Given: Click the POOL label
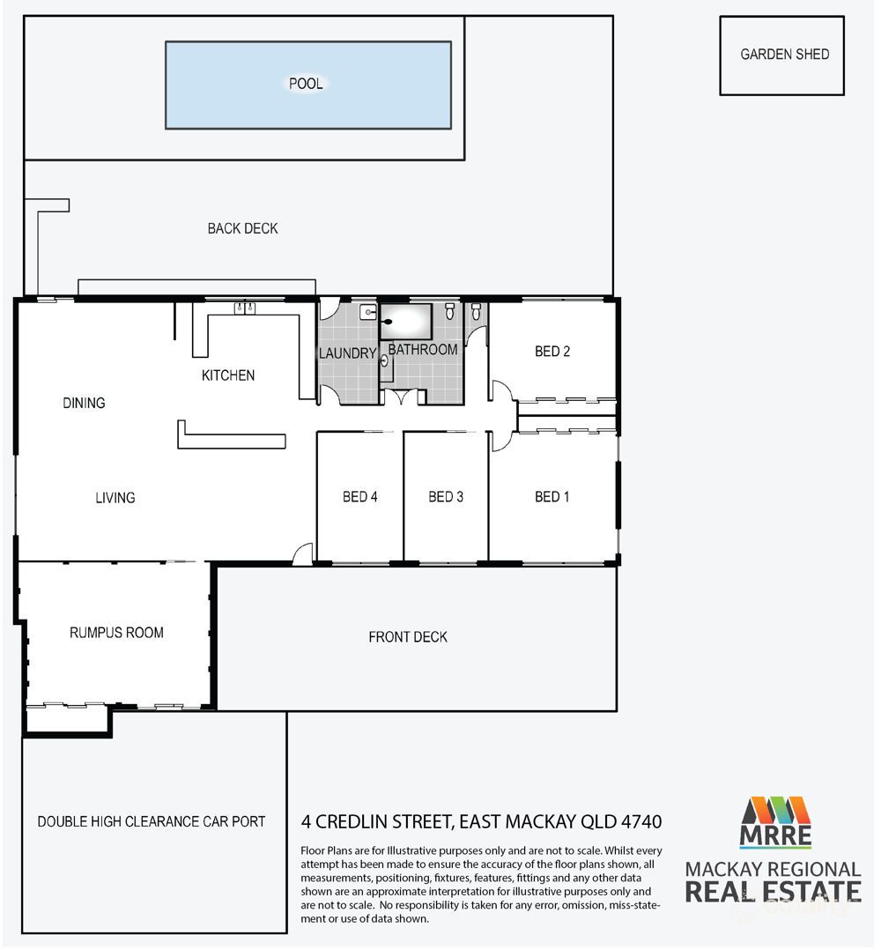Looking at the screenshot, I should (x=306, y=85).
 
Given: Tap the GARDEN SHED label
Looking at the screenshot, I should (x=784, y=55).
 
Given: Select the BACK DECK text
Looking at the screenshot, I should (x=242, y=228).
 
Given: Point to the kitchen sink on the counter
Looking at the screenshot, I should (x=244, y=308).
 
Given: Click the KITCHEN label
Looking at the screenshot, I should (x=228, y=375).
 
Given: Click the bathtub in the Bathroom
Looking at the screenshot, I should (x=406, y=321).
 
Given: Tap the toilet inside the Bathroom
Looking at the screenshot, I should (x=450, y=311).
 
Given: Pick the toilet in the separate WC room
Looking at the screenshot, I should (x=476, y=311).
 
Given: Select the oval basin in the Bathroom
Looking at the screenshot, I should (x=385, y=360).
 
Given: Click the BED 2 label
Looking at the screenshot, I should (x=552, y=352).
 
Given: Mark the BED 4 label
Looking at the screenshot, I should (x=360, y=497).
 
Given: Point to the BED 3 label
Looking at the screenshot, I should (x=446, y=497).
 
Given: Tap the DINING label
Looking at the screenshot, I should (x=84, y=403).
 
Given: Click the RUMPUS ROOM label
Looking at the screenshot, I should (x=116, y=633).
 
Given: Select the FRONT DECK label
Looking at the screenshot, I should (x=408, y=637).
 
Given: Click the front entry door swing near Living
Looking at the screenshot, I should (x=302, y=553).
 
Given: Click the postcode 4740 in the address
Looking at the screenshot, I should (x=639, y=822).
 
